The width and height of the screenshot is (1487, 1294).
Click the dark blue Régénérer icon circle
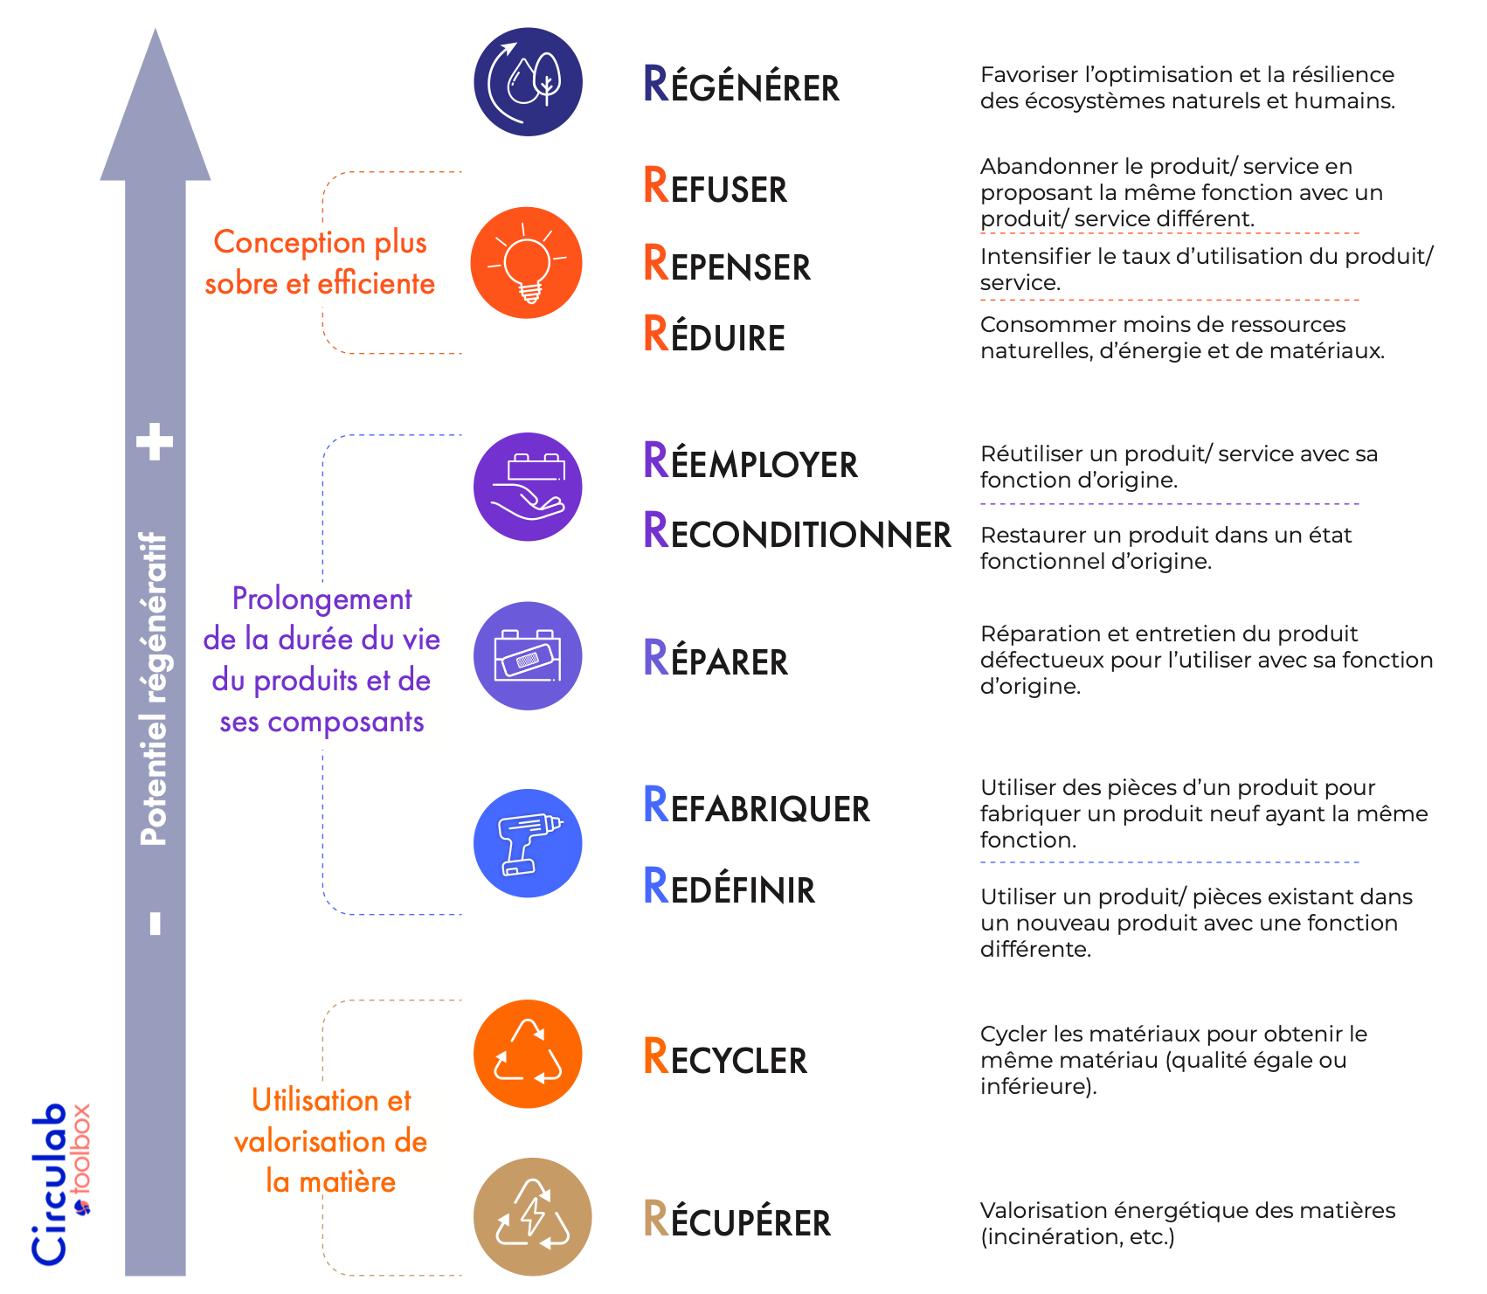[528, 82]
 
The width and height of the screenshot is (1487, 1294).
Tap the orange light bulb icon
[526, 263]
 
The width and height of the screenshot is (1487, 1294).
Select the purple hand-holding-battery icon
[528, 487]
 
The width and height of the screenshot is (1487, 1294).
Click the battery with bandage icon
[528, 656]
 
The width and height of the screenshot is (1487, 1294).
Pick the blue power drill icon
[528, 843]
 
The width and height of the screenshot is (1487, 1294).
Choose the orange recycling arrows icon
[528, 1054]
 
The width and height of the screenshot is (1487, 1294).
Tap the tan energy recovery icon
[532, 1216]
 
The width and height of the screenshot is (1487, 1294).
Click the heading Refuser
[715, 186]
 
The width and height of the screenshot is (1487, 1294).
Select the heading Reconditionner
[797, 531]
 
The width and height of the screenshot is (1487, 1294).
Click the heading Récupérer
[737, 1220]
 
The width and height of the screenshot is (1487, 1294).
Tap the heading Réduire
[714, 335]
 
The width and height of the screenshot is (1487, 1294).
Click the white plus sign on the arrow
[156, 441]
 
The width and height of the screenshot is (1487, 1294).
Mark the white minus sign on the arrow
[156, 924]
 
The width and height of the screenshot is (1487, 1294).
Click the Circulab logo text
[49, 1184]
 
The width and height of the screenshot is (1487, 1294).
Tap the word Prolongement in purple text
[322, 599]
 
